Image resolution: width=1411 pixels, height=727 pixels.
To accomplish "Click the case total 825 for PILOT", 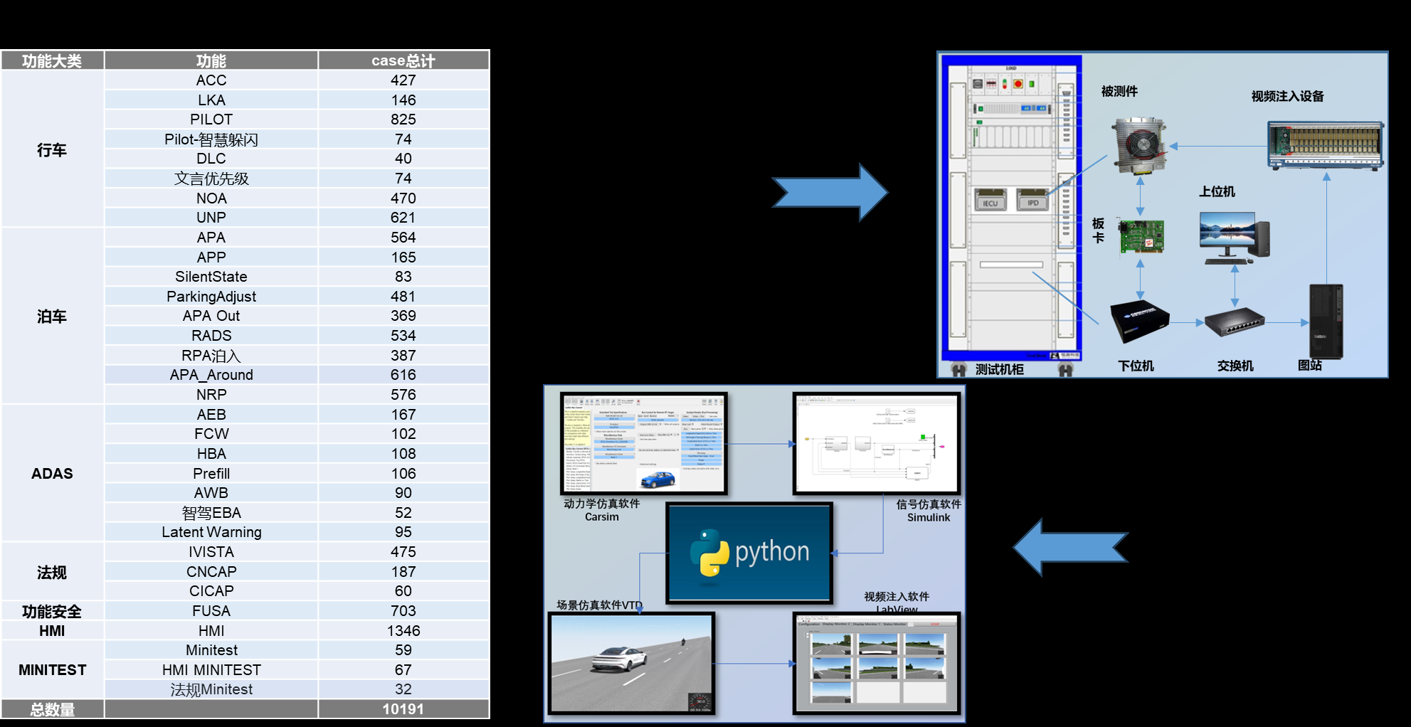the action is pyautogui.click(x=403, y=120).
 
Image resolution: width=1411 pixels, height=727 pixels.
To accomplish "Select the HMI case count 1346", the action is pyautogui.click(x=403, y=631).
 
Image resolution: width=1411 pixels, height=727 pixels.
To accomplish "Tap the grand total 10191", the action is pyautogui.click(x=403, y=709).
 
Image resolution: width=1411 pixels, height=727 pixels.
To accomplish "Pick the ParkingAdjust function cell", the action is pyautogui.click(x=211, y=297).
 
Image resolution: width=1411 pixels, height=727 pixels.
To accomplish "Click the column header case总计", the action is pyautogui.click(x=403, y=60).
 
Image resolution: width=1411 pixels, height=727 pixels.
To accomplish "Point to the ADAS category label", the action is pyautogui.click(x=52, y=474).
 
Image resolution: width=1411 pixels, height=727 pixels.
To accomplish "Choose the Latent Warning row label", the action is pyautogui.click(x=211, y=532).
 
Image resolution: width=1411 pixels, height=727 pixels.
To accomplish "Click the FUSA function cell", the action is pyautogui.click(x=211, y=611).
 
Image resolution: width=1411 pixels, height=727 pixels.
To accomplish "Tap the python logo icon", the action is pyautogui.click(x=709, y=552).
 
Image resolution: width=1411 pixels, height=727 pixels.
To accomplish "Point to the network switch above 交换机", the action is pyautogui.click(x=1235, y=322).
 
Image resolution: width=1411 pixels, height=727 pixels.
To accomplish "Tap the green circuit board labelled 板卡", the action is pyautogui.click(x=1141, y=236).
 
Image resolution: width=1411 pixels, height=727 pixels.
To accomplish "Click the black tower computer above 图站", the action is pyautogui.click(x=1326, y=321).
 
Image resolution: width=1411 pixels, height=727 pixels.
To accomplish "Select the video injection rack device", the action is pyautogui.click(x=1325, y=145).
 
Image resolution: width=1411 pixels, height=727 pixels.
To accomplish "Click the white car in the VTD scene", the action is pyautogui.click(x=619, y=659).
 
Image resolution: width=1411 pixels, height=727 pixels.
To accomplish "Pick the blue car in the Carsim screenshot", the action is pyautogui.click(x=658, y=479).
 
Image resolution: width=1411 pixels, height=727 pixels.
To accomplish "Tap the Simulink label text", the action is pyautogui.click(x=929, y=518).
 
